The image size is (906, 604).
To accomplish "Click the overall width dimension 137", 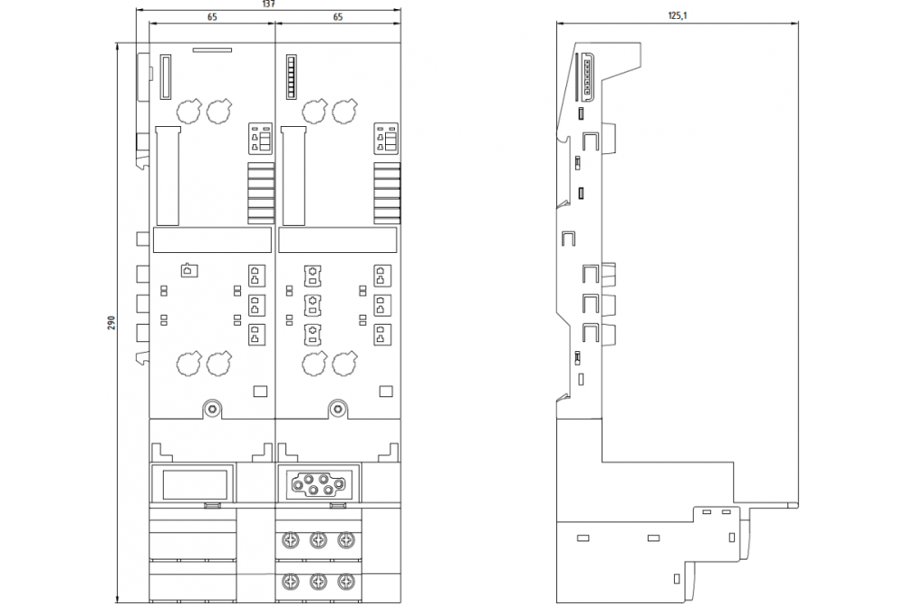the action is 269,4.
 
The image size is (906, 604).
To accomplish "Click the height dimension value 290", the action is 111,323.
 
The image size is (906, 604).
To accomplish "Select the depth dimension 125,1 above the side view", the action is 678,15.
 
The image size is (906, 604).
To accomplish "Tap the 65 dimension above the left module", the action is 212,17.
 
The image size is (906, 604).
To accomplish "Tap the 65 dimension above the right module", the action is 337,17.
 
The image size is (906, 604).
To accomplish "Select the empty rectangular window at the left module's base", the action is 195,485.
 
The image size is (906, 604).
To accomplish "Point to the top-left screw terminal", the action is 291,541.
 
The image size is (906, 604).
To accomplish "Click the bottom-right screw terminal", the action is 345,580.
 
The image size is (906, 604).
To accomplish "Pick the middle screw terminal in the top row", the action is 318,541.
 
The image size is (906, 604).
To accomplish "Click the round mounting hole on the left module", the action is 213,410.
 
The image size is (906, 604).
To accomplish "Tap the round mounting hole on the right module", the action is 338,410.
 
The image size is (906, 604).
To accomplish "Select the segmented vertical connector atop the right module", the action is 291,77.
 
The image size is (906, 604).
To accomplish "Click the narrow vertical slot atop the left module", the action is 166,77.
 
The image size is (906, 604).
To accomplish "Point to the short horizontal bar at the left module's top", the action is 212,51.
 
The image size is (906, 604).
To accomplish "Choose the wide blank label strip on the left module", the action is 212,239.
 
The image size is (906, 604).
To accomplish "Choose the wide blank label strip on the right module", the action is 338,239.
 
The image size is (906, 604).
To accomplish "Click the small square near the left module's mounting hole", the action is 261,392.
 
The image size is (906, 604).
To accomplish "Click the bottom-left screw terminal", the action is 291,580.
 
